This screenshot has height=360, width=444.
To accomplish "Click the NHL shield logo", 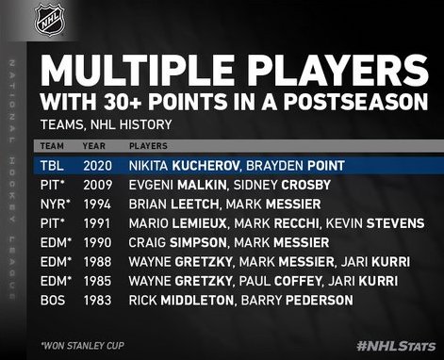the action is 50,19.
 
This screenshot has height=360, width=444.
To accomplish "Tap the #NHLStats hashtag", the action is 396,346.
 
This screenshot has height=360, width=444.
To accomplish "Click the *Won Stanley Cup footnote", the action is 83,346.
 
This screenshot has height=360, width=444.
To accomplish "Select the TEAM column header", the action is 52,146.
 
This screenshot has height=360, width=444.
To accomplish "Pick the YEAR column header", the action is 94,146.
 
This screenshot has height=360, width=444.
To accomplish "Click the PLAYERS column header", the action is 148,146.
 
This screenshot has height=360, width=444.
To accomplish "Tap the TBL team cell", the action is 52,166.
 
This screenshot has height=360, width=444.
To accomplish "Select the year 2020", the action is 97,166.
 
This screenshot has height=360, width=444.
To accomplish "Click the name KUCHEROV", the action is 206,166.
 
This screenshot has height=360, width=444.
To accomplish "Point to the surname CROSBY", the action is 306,185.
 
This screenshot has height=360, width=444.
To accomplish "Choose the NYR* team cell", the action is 56,205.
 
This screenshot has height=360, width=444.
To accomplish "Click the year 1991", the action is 97,223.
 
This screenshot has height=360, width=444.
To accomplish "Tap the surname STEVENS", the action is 395,223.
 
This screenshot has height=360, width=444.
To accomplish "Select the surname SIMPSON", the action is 198,242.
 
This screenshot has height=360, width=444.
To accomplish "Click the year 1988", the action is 97,262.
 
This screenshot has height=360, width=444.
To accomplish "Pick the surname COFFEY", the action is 298,281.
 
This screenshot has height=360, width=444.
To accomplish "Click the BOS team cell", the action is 53,300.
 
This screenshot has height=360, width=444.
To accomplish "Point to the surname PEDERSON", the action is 320,300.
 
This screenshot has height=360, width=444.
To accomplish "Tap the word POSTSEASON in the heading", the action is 356,102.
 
